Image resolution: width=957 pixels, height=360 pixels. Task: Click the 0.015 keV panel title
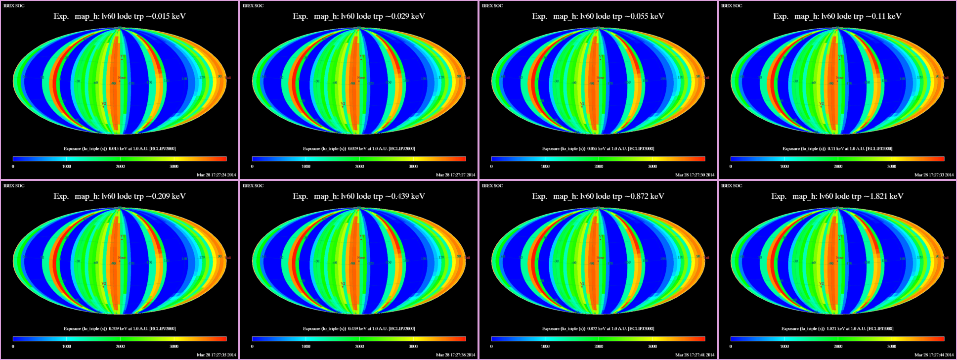click(x=120, y=16)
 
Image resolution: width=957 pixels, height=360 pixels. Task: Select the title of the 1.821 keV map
click(x=837, y=196)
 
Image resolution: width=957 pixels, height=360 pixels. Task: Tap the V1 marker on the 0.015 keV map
click(x=122, y=57)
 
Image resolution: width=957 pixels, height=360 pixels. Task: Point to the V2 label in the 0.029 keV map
click(x=343, y=104)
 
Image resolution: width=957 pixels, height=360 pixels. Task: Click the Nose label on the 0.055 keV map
click(x=600, y=78)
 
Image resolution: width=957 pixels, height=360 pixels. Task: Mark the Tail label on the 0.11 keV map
click(x=946, y=78)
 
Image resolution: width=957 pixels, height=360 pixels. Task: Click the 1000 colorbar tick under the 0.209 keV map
click(x=67, y=346)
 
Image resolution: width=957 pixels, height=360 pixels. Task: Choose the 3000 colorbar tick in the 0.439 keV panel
click(x=413, y=346)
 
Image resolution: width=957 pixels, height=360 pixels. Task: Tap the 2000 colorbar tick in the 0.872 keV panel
click(x=599, y=346)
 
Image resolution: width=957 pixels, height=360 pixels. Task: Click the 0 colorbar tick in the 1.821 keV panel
click(x=731, y=346)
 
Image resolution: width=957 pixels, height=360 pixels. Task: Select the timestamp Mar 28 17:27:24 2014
click(x=216, y=175)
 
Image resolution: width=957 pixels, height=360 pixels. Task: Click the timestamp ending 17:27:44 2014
click(x=934, y=355)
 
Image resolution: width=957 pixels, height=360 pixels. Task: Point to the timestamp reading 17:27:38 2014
click(x=455, y=355)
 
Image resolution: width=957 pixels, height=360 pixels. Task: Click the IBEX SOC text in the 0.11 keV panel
click(x=732, y=6)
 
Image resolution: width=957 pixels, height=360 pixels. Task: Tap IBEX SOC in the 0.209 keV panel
click(x=14, y=186)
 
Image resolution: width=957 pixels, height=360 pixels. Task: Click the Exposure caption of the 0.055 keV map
click(x=598, y=148)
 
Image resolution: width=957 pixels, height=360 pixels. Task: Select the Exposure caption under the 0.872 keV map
click(x=598, y=328)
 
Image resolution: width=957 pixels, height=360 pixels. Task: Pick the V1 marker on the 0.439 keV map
click(x=361, y=237)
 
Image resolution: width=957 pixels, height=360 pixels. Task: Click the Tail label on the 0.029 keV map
click(x=467, y=78)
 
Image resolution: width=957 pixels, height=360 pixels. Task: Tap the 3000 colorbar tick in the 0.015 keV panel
click(x=174, y=166)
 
